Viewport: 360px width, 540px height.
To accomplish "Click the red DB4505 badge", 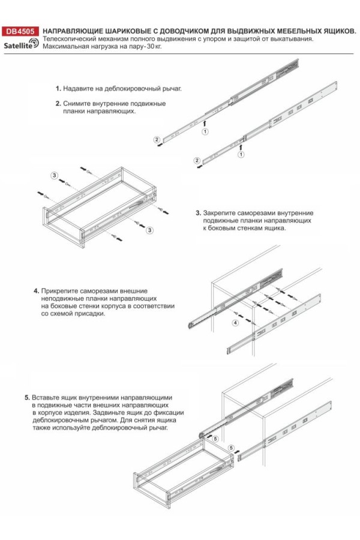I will click(x=20, y=31).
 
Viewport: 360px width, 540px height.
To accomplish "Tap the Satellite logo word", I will click(x=17, y=45).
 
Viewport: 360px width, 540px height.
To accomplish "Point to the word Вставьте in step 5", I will click(x=47, y=397).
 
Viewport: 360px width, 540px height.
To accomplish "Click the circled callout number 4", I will click(x=235, y=323).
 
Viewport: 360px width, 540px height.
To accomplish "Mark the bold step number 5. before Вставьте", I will click(x=28, y=397).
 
